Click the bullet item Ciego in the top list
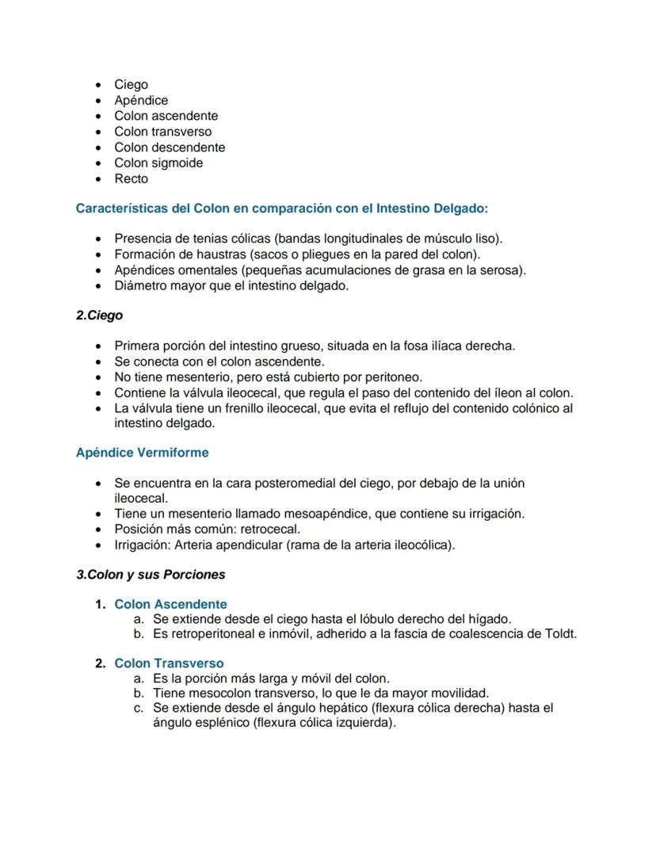[131, 84]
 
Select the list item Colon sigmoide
[158, 163]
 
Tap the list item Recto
[131, 178]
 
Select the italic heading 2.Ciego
[99, 315]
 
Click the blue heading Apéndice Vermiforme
[142, 453]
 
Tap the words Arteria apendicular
[224, 545]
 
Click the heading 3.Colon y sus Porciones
[151, 575]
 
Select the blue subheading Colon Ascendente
[170, 604]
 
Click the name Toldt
[560, 634]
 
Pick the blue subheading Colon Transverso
[169, 663]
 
